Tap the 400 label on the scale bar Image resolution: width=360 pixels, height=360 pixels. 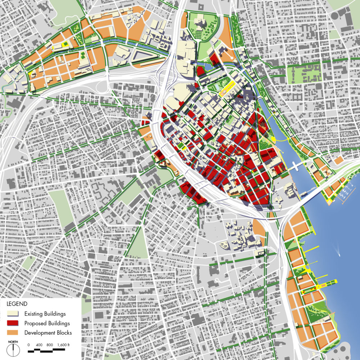coord(39,345)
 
